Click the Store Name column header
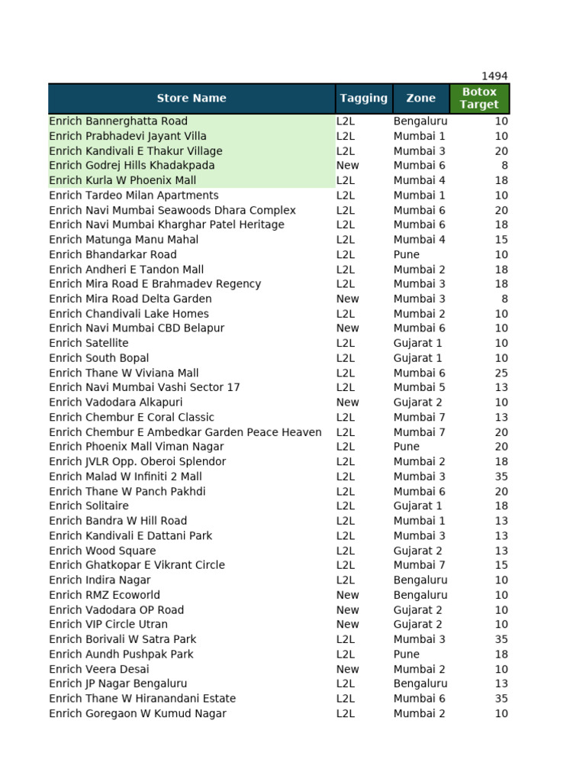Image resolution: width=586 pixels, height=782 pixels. pos(192,99)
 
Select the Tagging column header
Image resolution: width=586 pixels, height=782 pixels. pos(363,99)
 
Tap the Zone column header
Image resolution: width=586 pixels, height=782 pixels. pos(420,99)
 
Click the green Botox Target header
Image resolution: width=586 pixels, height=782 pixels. pos(479,99)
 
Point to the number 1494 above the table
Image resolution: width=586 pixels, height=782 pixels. pos(494,76)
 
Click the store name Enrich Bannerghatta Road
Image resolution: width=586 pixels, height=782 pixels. pos(118,121)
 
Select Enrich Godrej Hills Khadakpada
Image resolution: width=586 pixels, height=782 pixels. pos(132,166)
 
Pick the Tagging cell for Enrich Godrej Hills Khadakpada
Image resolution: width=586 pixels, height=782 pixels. pos(347,166)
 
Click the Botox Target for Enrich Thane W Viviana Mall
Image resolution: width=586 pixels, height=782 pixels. pos(501,373)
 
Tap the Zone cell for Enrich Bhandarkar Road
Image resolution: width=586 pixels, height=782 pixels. pos(407,254)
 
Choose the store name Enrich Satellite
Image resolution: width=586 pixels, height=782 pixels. pos(89,344)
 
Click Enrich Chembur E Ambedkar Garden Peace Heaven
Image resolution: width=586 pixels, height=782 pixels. pos(185,432)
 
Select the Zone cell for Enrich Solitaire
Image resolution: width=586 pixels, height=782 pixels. pos(417,506)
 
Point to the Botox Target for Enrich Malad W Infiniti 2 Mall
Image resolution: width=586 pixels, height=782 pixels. pos(501,477)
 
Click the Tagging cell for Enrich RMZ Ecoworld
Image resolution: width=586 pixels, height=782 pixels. pos(347,595)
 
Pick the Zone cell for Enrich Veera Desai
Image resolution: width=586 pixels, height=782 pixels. pos(419,669)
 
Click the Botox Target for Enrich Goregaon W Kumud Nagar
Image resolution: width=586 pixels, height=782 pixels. pos(501,714)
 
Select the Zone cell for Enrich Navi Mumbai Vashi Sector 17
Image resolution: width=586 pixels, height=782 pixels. pos(419,388)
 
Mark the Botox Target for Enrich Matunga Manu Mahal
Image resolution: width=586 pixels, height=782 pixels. pos(501,240)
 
